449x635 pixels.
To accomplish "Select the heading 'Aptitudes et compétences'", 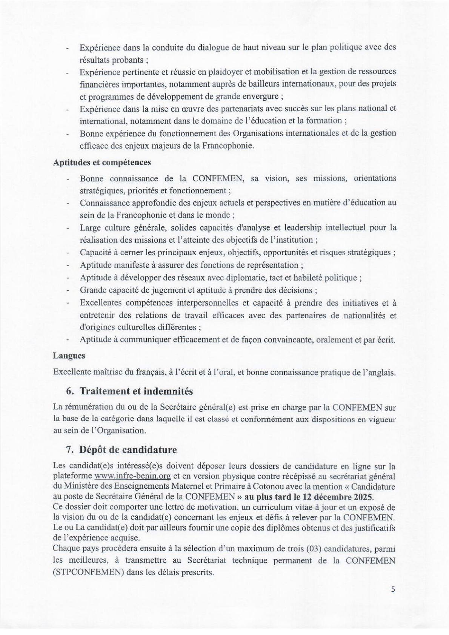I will [x=102, y=162].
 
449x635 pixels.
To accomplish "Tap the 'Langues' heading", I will [x=69, y=356].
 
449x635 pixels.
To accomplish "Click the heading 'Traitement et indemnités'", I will [x=136, y=391].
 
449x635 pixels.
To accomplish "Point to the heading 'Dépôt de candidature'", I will [x=128, y=450].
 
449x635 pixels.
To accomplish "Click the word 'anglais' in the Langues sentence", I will [x=382, y=372].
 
